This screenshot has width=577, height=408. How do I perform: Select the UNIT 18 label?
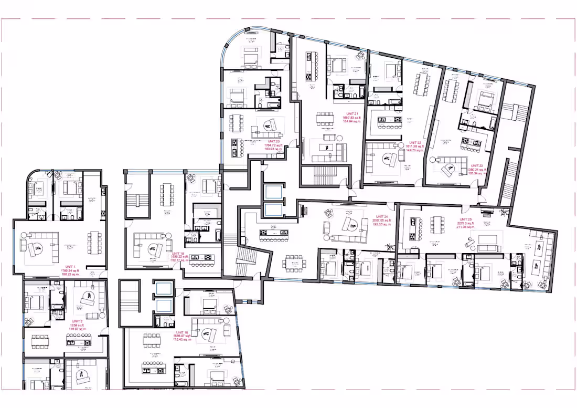tap(182, 332)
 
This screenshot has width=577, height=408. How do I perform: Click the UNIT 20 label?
tap(273, 141)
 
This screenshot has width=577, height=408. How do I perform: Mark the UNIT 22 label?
tap(415, 142)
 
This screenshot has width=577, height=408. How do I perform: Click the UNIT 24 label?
tap(382, 216)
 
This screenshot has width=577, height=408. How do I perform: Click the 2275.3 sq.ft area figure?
tap(465, 223)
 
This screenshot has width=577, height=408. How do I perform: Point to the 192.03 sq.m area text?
tap(382, 224)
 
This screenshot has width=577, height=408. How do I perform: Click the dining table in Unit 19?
tap(167, 195)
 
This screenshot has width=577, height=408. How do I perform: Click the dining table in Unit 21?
tap(326, 120)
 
